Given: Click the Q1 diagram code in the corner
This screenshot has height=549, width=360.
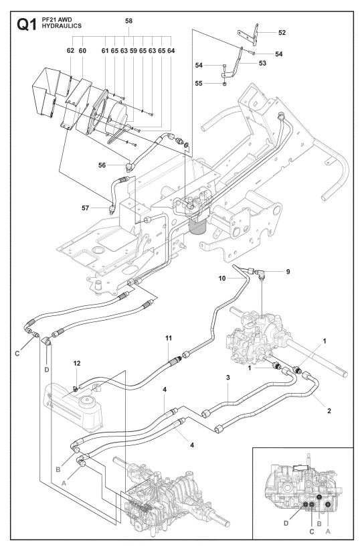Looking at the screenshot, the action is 26,25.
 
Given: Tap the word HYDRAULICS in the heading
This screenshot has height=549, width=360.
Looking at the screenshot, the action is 62,26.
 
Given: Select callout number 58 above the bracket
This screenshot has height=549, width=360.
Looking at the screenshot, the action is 128,21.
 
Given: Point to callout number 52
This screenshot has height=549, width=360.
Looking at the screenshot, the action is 282,33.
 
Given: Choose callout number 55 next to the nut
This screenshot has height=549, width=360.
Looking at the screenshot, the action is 199,84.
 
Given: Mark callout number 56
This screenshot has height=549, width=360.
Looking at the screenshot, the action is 102,165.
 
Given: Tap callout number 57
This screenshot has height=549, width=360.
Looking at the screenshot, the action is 86,208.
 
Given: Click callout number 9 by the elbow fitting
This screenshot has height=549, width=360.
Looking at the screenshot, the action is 288,271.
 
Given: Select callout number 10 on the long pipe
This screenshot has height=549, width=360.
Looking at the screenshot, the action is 222,279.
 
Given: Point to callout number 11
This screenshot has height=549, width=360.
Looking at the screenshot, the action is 169,338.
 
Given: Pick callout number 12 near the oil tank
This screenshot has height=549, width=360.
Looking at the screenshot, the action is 77,364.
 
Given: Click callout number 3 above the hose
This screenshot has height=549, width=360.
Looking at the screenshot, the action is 228,378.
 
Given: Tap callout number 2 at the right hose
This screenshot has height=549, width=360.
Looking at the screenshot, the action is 329,410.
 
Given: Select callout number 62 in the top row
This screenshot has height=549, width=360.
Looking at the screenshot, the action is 71,51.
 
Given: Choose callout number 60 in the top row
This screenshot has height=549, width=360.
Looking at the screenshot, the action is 82,51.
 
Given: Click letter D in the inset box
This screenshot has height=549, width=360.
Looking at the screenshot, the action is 286,524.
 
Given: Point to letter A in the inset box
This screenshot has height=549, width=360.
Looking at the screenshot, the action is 328,532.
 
